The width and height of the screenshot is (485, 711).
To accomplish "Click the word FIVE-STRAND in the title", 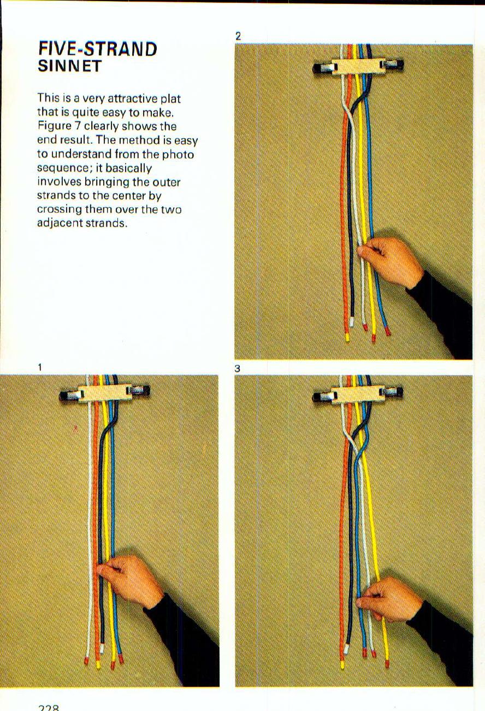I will coord(98,49).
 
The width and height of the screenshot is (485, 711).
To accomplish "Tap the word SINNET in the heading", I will coord(69,67).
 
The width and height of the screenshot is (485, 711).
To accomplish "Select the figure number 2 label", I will coord(238,37).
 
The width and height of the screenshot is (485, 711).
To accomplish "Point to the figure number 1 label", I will coord(40,366).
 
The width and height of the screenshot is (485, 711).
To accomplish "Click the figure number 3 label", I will coord(238,369).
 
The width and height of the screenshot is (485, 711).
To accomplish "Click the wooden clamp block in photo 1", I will coord(103,393).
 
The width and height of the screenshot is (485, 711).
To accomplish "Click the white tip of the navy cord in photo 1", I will coord(102,649).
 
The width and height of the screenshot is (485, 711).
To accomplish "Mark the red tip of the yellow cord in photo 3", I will coord(387,663).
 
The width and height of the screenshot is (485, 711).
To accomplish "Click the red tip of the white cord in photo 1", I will coord(86,661).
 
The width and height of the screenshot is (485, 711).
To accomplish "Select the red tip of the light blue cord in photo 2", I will coord(388,331).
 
